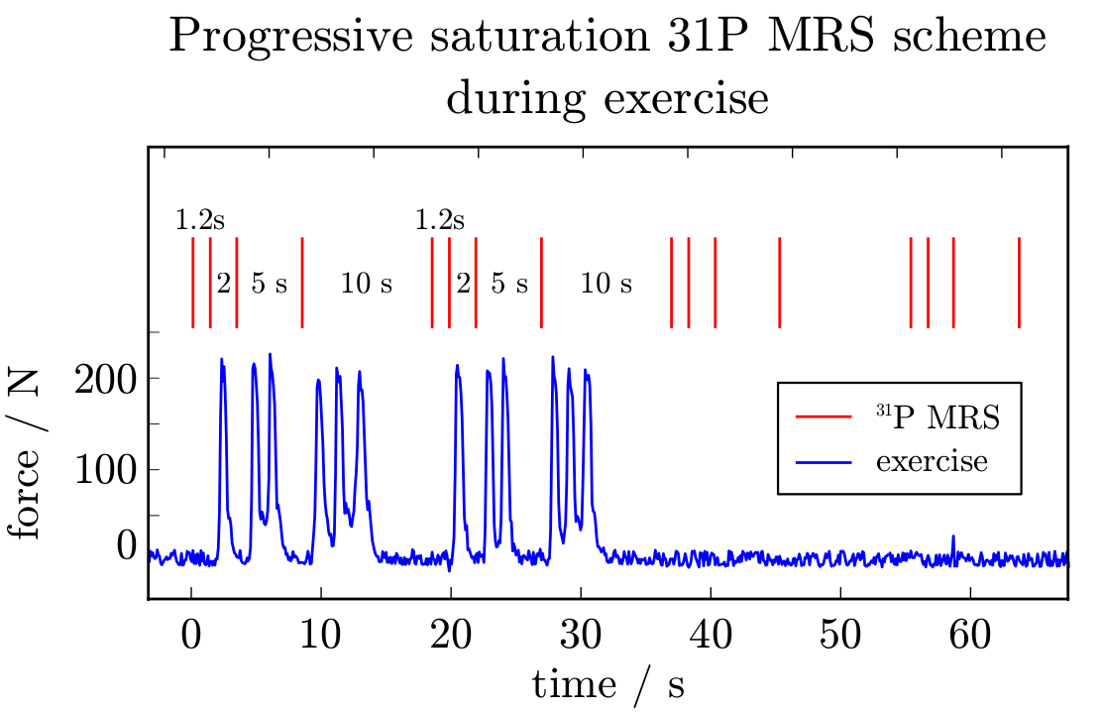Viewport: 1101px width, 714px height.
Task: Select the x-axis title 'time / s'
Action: (x=608, y=685)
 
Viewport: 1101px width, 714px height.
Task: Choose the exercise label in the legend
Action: (x=932, y=461)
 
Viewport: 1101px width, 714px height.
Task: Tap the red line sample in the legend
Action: (x=825, y=417)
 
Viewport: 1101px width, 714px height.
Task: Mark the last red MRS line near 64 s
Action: (x=1019, y=283)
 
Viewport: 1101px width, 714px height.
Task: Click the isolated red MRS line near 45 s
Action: (x=780, y=283)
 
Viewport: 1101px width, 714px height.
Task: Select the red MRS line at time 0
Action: (x=192, y=283)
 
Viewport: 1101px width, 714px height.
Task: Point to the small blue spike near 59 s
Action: (x=953, y=541)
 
